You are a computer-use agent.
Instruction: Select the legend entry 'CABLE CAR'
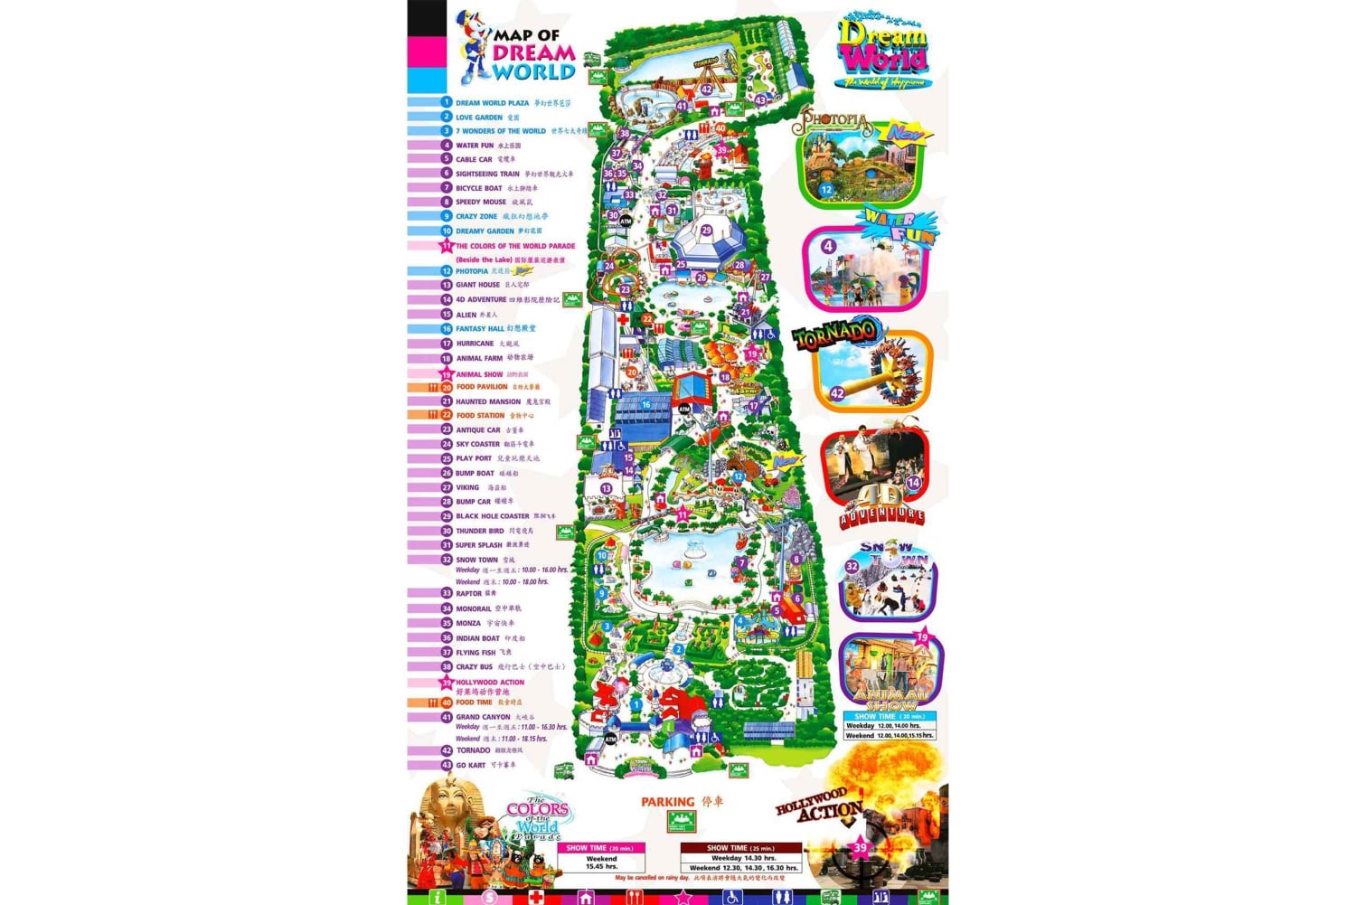[x=474, y=159]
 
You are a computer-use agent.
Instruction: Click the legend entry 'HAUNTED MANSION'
[x=488, y=401]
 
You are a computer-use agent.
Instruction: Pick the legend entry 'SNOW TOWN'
[x=476, y=560]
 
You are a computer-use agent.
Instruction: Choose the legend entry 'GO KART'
[x=471, y=765]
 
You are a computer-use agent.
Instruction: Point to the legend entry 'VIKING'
[x=467, y=487]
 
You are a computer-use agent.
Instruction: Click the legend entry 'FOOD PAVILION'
[x=482, y=387]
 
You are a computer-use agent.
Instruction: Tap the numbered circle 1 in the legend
[x=446, y=102]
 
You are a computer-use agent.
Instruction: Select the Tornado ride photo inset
[x=872, y=369]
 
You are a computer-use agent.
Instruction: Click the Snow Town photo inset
[x=887, y=583]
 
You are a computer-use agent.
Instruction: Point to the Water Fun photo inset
[x=869, y=268]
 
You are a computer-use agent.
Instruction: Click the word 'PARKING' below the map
[x=667, y=802]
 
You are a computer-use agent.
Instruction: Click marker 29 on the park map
[x=706, y=231]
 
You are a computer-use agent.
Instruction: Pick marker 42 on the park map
[x=706, y=90]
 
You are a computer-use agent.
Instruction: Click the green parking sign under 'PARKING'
[x=682, y=821]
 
